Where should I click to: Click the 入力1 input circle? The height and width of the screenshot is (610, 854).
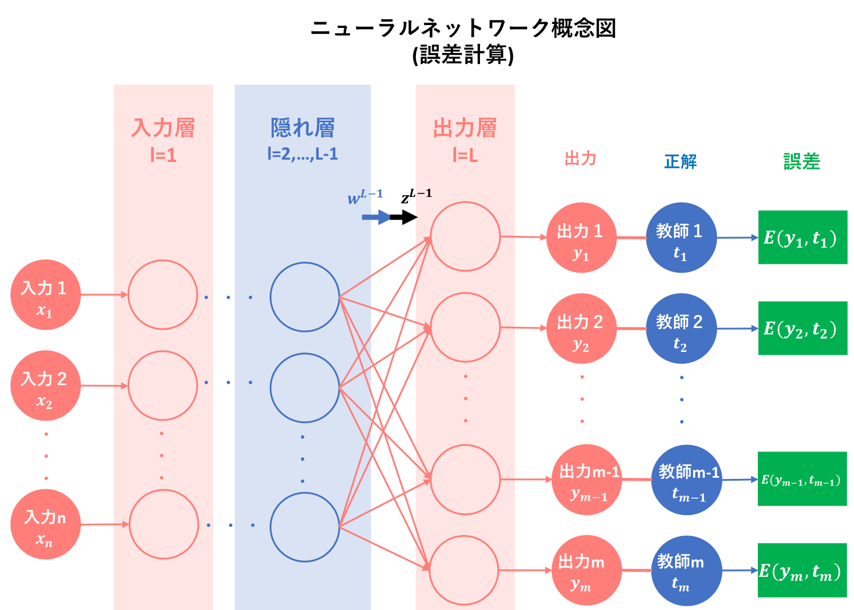(x=45, y=295)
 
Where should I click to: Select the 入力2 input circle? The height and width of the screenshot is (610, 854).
(x=45, y=386)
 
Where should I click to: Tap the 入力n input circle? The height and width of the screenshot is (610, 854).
(x=45, y=524)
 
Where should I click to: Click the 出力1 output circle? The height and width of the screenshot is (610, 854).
(x=581, y=238)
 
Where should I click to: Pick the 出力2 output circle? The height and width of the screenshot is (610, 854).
(x=581, y=329)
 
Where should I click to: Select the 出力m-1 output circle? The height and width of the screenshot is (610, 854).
(x=587, y=480)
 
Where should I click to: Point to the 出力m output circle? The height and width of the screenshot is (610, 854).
(x=587, y=571)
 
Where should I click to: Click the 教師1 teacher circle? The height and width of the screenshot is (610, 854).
(x=681, y=238)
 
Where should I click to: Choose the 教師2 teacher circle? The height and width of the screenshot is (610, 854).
(x=681, y=329)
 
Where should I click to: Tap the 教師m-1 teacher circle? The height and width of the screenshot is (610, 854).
(x=687, y=480)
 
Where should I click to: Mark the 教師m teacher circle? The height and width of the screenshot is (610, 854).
(x=687, y=571)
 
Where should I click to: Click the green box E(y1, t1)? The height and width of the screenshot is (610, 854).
(x=802, y=238)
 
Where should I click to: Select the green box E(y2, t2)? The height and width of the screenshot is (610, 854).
(x=802, y=329)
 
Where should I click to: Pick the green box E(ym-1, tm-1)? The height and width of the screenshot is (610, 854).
(x=802, y=479)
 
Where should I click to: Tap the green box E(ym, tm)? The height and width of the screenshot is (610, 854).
(x=802, y=570)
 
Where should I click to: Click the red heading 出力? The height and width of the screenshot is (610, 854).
(x=580, y=158)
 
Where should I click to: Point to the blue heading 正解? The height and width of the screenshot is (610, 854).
(x=680, y=161)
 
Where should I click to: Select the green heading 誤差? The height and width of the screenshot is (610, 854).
(x=802, y=161)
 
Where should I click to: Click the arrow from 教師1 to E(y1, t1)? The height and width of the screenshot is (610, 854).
(x=737, y=238)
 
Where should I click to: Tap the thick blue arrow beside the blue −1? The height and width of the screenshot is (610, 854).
(x=380, y=217)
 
